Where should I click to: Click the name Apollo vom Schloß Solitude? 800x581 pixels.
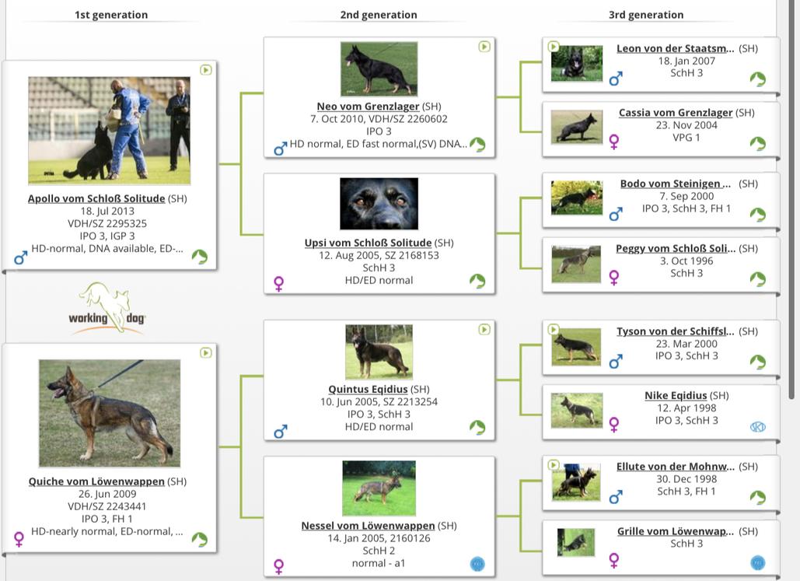pyautogui.click(x=96, y=198)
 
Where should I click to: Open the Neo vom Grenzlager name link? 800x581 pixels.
pyautogui.click(x=368, y=107)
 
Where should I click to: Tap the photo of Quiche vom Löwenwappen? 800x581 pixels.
pyautogui.click(x=110, y=413)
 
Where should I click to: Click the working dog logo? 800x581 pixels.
pyautogui.click(x=107, y=309)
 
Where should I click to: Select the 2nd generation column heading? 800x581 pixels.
pyautogui.click(x=379, y=15)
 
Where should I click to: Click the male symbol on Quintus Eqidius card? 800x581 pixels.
pyautogui.click(x=281, y=432)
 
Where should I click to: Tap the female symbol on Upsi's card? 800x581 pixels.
pyautogui.click(x=278, y=284)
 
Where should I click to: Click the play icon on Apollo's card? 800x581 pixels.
pyautogui.click(x=205, y=70)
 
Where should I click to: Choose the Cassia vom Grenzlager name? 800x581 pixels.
pyautogui.click(x=676, y=113)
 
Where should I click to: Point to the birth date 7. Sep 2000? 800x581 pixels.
pyautogui.click(x=686, y=196)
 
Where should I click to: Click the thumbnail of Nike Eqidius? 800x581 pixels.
pyautogui.click(x=577, y=410)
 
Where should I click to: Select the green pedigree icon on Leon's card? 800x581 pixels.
pyautogui.click(x=758, y=79)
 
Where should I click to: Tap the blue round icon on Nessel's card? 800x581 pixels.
pyautogui.click(x=477, y=564)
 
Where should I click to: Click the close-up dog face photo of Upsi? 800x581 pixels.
pyautogui.click(x=379, y=204)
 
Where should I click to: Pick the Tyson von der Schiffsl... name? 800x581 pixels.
pyautogui.click(x=676, y=331)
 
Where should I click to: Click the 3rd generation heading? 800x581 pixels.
pyautogui.click(x=646, y=15)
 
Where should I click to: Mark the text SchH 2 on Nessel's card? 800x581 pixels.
pyautogui.click(x=379, y=551)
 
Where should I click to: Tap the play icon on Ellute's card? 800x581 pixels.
pyautogui.click(x=553, y=464)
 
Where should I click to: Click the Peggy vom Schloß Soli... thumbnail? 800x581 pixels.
pyautogui.click(x=576, y=264)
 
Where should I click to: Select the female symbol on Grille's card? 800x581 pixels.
pyautogui.click(x=614, y=560)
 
